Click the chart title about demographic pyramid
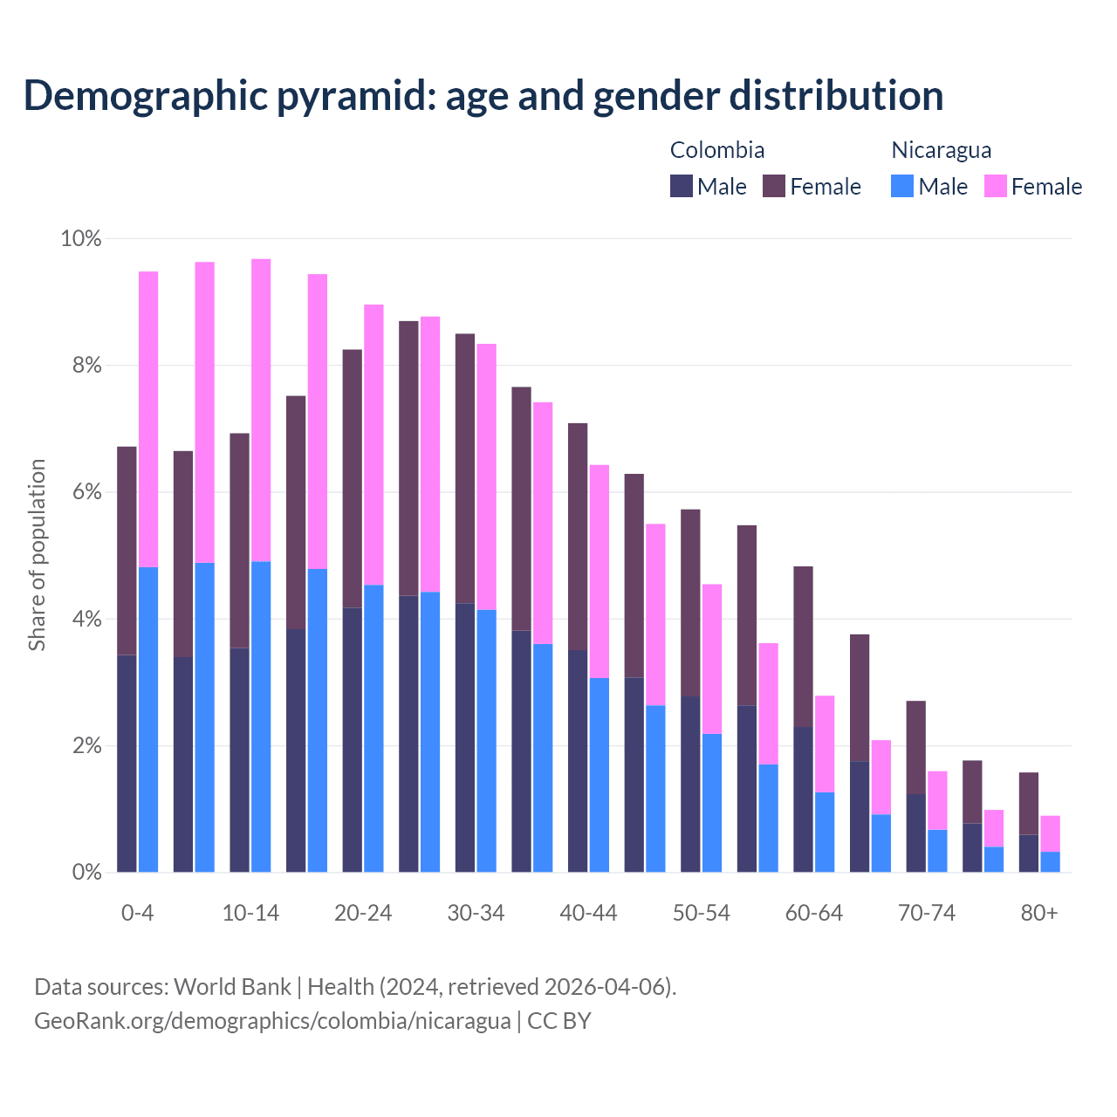[483, 95]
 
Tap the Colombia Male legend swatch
[682, 186]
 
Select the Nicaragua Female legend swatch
[996, 186]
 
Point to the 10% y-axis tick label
[80, 238]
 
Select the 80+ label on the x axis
[1038, 913]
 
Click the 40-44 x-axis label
[588, 913]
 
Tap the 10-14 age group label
[250, 913]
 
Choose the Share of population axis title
[37, 555]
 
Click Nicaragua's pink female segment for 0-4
[148, 419]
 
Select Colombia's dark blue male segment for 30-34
[465, 737]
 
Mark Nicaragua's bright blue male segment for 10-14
[261, 716]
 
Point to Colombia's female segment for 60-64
[803, 646]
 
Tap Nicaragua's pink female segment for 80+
[1050, 833]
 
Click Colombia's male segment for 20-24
[352, 740]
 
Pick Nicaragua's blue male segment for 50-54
[712, 803]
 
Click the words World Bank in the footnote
[232, 987]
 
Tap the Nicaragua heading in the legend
[941, 150]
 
